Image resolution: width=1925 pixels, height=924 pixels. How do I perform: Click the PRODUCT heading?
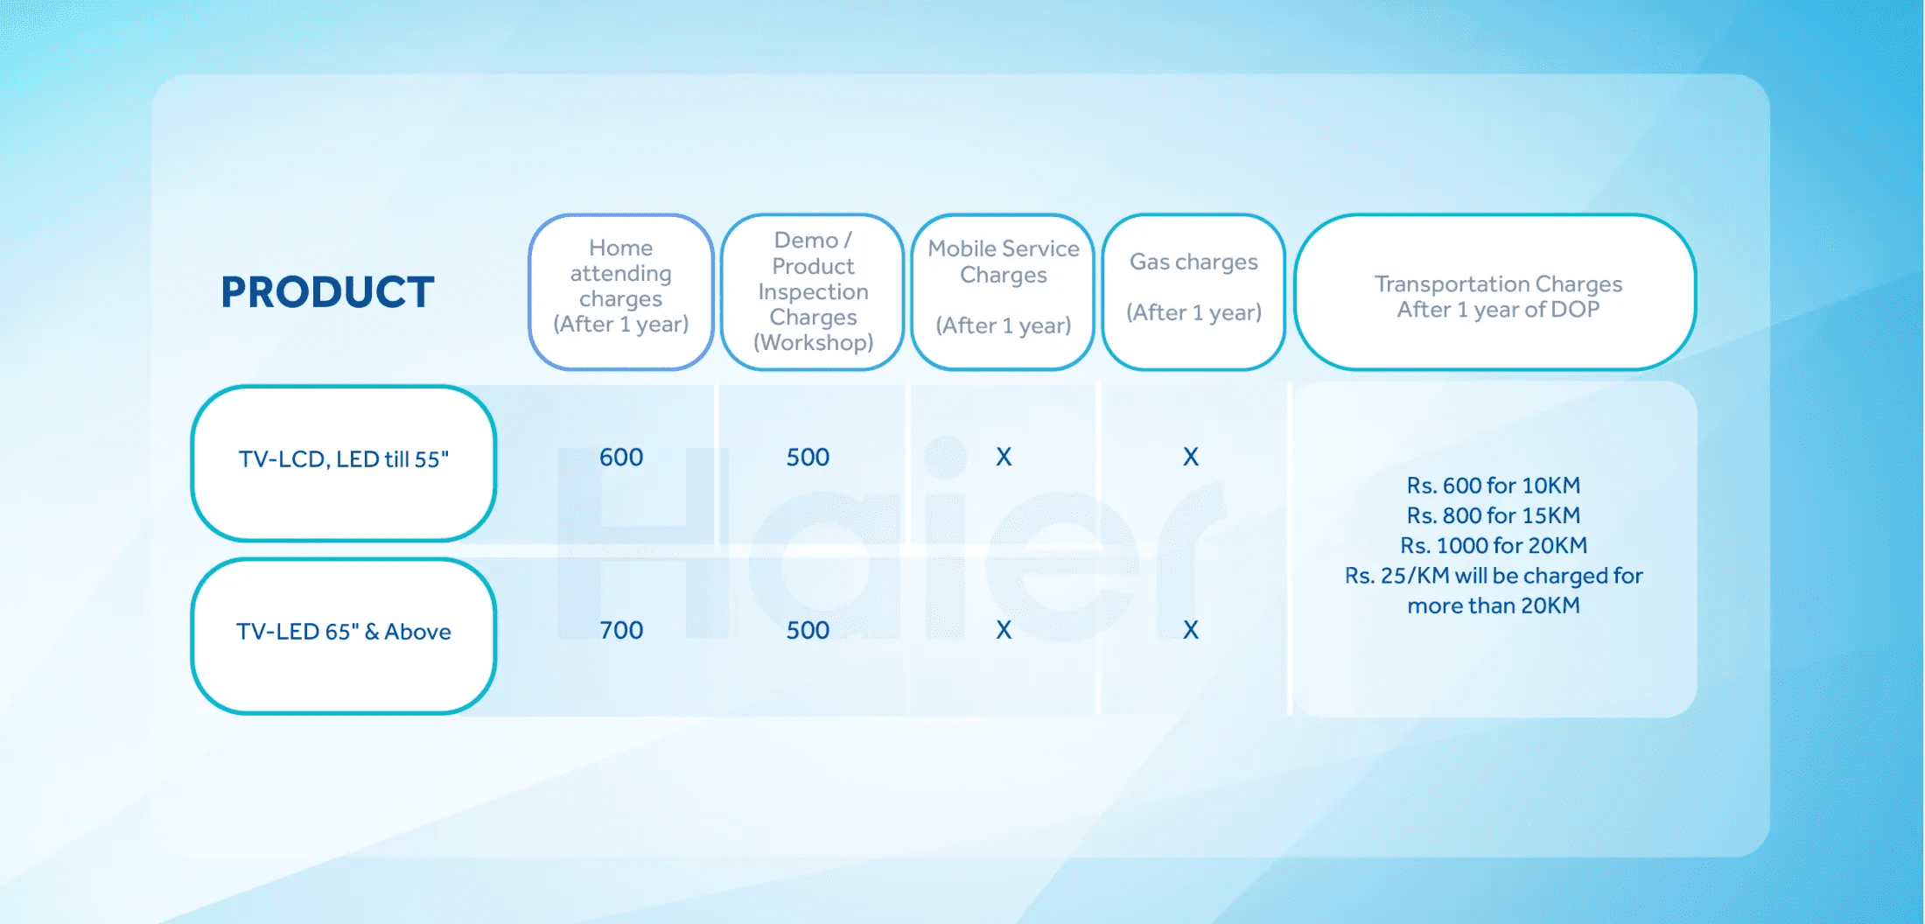coord(327,292)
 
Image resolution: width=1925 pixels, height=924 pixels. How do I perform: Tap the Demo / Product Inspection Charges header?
coord(813,291)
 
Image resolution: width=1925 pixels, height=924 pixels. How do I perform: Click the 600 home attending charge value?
coord(621,457)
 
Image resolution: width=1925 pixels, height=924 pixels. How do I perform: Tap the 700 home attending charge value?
coord(621,630)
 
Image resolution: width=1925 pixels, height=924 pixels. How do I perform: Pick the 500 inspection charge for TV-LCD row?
coord(808,457)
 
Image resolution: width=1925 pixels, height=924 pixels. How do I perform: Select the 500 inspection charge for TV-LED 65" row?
coord(808,630)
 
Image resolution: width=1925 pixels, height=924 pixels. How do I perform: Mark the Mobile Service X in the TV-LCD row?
coord(1004,457)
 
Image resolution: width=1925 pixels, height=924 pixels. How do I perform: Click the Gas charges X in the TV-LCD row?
coord(1191,457)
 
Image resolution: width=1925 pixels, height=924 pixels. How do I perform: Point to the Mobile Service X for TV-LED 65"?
coord(1004,630)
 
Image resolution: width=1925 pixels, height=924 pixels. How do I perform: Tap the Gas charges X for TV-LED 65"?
coord(1191,630)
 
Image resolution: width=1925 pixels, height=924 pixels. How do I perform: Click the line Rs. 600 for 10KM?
coord(1494,486)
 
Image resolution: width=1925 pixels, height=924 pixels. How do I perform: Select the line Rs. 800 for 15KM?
coord(1494,515)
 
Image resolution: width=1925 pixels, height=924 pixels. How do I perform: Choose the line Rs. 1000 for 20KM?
coord(1494,545)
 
